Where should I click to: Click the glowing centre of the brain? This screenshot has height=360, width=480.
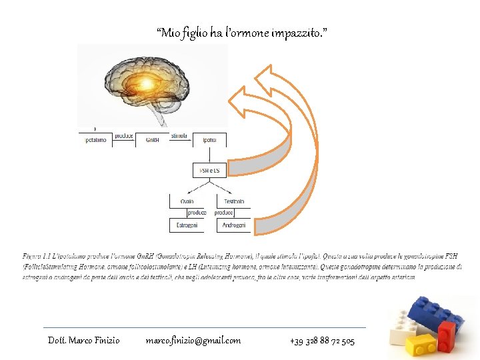coord(146,83)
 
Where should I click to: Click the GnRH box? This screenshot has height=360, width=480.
coord(152,141)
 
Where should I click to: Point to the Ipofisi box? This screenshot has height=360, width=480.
coord(209,141)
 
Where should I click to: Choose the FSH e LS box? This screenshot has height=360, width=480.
coord(209,171)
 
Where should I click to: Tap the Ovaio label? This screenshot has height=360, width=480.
coord(187,201)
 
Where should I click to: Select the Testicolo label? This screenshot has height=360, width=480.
coord(234,201)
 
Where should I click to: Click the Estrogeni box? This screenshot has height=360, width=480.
coord(187,225)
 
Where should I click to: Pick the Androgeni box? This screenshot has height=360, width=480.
coord(234,225)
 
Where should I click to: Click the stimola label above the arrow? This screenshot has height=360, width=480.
coord(179,135)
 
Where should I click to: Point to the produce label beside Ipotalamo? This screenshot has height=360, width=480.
coord(123,135)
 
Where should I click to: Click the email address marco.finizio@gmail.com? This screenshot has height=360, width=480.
coord(193,341)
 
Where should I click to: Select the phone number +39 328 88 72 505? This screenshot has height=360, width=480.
coord(323,341)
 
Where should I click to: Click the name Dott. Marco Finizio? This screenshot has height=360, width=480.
coord(84,341)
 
